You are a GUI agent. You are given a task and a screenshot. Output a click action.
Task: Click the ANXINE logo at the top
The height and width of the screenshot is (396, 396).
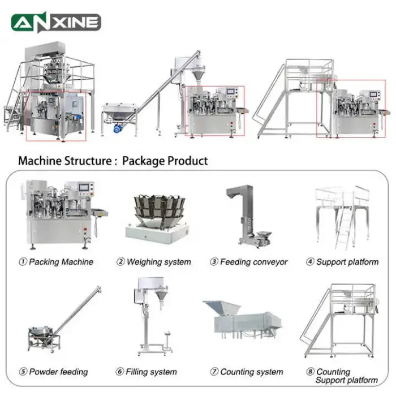click(x=56, y=22)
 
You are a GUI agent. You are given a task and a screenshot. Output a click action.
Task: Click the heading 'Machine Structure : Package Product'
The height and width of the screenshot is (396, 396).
click(x=113, y=161)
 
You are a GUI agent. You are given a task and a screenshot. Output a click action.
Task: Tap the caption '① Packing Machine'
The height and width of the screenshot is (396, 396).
click(x=56, y=262)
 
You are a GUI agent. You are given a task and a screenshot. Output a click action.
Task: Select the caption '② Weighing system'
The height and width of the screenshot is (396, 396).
click(x=154, y=262)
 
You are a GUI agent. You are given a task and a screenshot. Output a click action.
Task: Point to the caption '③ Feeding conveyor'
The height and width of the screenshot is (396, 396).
click(x=249, y=262)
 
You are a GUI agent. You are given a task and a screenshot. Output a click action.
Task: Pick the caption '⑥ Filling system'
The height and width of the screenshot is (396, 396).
click(x=147, y=372)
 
